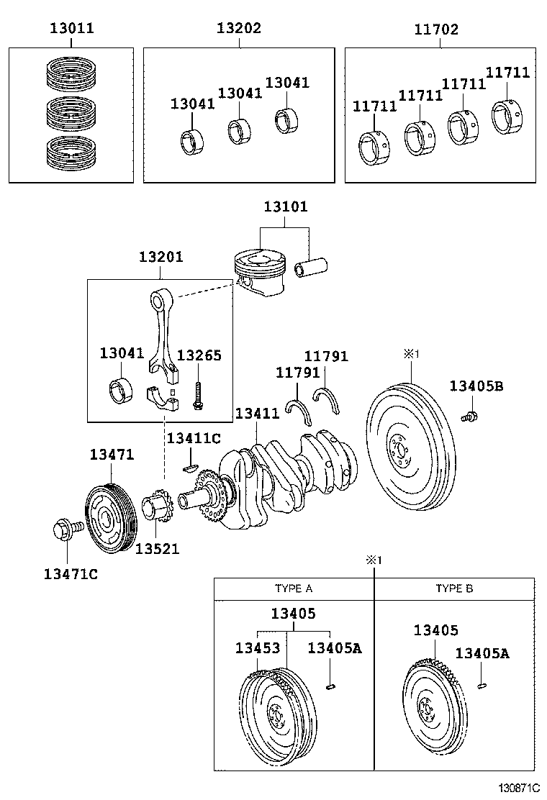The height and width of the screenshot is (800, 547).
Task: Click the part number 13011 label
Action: click(72, 29)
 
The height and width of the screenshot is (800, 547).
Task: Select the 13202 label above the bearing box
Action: click(239, 29)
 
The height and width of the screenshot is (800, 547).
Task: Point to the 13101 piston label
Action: click(285, 206)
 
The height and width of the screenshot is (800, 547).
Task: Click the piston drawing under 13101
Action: click(260, 271)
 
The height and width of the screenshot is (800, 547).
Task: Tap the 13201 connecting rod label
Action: click(161, 257)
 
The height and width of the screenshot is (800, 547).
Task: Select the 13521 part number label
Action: click(158, 549)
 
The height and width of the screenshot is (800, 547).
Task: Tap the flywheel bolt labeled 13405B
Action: click(471, 415)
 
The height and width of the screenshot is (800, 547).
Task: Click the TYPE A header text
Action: click(294, 588)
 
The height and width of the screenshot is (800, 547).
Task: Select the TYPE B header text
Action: click(454, 588)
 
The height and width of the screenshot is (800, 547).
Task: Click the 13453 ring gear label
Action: click(257, 648)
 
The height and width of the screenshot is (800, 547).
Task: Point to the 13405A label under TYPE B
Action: click(482, 653)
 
